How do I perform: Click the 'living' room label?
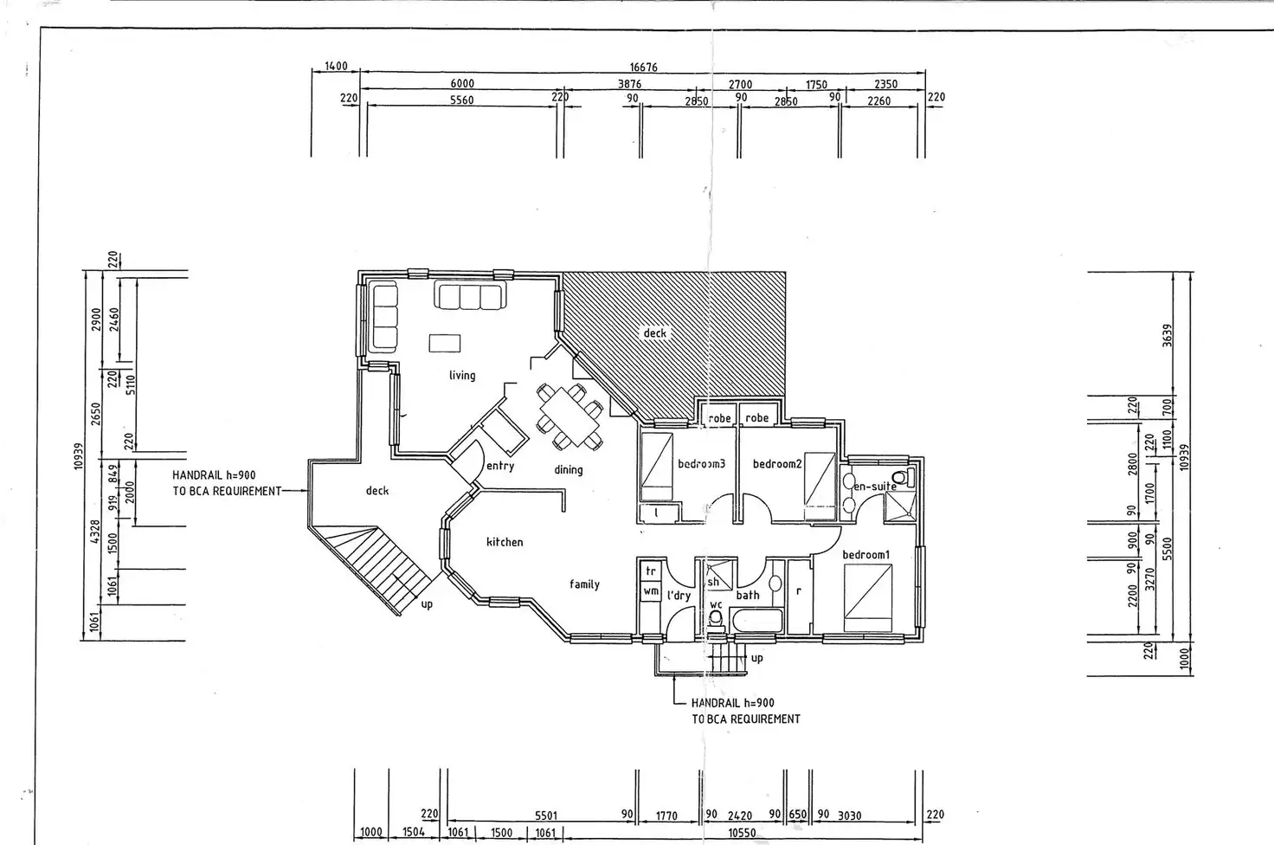coord(462,375)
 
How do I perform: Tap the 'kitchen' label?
coord(505,542)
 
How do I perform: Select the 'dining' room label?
coord(569,470)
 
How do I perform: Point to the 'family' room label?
coord(585,584)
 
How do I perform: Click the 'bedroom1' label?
coord(866,554)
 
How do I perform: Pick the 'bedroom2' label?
coord(777,464)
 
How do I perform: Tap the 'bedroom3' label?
coord(702,464)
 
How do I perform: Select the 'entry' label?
coord(500,466)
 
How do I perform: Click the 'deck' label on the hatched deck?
coord(655,333)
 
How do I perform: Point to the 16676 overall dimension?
coord(643,68)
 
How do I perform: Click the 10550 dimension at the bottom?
coord(741,833)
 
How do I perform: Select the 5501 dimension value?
coord(546,816)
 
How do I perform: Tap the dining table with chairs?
coord(569,416)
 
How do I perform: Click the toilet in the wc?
coord(716,618)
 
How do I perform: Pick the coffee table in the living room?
coord(445,343)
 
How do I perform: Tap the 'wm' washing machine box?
coord(651,591)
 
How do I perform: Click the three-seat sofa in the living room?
coord(470,296)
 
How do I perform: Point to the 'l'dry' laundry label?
coord(679,596)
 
